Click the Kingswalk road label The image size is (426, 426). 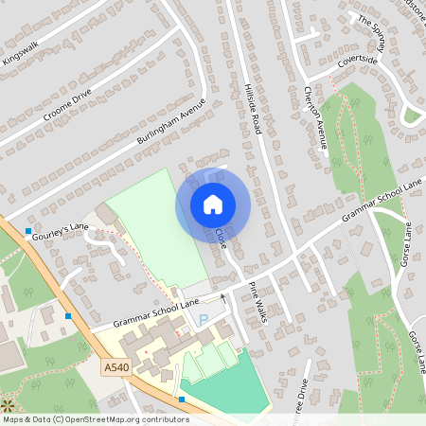coord(22,53)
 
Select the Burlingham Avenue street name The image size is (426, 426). coord(171,123)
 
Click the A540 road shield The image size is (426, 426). coord(115,366)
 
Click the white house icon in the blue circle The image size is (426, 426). coord(213,204)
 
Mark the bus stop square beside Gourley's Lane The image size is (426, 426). coord(28,231)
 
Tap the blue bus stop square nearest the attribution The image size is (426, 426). coord(182,399)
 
